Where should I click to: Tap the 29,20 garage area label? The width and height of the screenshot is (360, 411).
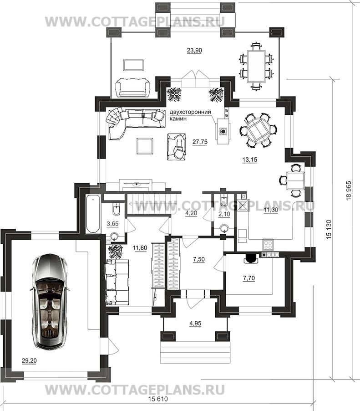tap(29, 361)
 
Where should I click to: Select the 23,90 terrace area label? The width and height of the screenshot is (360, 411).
tap(194, 50)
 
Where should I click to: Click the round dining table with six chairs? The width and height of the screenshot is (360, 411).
tap(258, 130)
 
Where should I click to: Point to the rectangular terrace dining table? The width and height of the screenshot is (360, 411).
tap(256, 67)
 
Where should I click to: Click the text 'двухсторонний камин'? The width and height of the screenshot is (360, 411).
tap(190, 115)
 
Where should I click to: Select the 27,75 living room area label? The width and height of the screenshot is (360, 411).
tap(200, 142)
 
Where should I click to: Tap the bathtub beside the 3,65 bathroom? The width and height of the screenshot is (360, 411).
tap(93, 214)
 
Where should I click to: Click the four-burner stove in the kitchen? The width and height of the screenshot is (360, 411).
tap(268, 245)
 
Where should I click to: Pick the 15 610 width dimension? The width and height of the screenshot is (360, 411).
tap(157, 406)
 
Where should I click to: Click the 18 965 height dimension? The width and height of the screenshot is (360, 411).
tap(349, 190)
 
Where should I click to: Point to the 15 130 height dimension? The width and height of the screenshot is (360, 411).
tap(329, 229)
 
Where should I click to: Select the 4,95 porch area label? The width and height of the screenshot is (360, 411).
tap(195, 324)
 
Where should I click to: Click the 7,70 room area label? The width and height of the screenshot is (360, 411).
tap(249, 278)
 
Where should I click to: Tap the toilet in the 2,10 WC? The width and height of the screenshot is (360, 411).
tap(225, 200)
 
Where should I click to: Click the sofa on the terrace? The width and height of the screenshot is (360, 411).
tap(133, 87)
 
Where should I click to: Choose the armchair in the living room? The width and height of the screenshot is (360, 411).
tap(177, 147)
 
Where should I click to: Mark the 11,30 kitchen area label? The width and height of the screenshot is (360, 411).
tap(271, 210)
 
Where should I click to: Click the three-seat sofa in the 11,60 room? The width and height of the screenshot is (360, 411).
tap(117, 282)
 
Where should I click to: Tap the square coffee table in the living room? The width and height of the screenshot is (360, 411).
tap(145, 146)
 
